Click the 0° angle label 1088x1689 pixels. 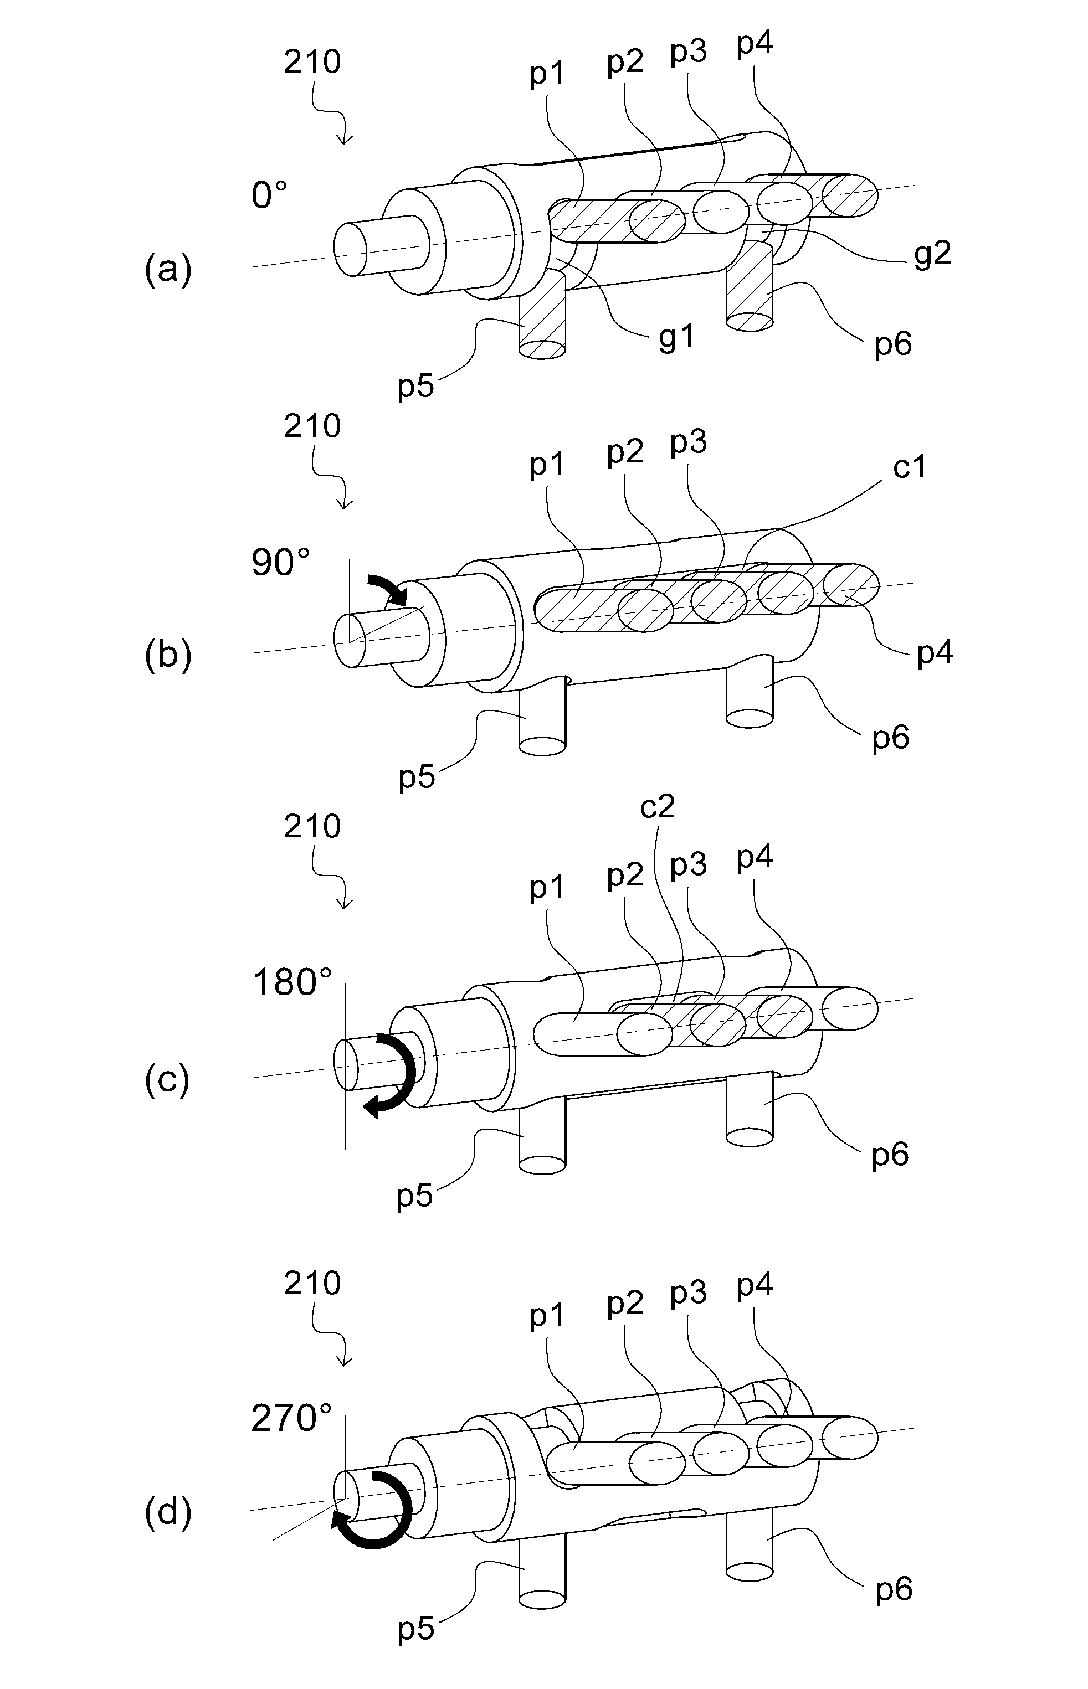[x=269, y=195]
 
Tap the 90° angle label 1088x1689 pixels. [x=280, y=563]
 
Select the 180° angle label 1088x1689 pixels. [x=292, y=982]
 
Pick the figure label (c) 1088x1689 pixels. [x=167, y=1080]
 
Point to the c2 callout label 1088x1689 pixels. [x=657, y=807]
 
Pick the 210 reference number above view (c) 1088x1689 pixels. [x=312, y=826]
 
